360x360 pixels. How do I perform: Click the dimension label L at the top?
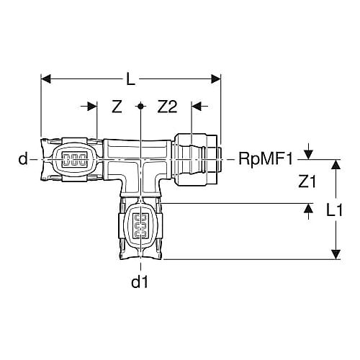point(130,79)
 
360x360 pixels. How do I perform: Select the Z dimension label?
point(117,107)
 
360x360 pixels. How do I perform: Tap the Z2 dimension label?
point(167,107)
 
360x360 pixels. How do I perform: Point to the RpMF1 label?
point(266,159)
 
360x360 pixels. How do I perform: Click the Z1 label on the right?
point(307,181)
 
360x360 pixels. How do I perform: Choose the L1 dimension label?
point(334,210)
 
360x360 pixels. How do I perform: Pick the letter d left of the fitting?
point(23,158)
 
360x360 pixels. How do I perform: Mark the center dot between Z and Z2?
point(140,106)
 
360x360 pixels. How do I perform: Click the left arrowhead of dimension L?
point(46,78)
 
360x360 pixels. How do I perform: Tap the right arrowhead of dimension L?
point(216,78)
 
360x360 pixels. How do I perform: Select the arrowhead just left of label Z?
point(92,107)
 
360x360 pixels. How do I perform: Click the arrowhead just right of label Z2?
point(197,107)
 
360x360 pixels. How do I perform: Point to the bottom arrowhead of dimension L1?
point(336,254)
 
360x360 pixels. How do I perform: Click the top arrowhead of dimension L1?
point(336,164)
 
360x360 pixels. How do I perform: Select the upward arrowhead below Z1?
point(308,208)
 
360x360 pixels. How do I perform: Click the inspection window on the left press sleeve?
point(74,159)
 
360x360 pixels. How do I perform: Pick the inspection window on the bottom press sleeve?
point(140,226)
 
